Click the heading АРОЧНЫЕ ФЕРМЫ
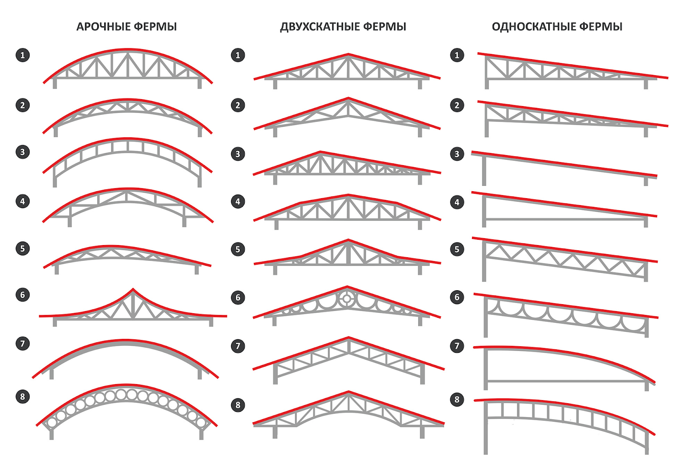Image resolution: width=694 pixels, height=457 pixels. (127, 27)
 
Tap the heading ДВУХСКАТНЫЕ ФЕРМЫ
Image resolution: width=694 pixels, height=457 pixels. (343, 27)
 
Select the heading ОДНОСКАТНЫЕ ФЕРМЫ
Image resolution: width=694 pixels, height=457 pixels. (557, 27)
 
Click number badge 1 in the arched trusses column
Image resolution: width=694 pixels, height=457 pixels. (23, 55)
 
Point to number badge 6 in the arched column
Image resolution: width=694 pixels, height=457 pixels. (23, 295)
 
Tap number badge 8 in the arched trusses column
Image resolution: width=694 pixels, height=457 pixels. (23, 397)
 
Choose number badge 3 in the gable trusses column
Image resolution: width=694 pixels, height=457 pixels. (238, 154)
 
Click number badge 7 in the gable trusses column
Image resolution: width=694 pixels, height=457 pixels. (238, 346)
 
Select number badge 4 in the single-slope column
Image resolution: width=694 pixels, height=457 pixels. (457, 202)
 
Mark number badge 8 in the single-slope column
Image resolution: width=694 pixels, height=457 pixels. (457, 400)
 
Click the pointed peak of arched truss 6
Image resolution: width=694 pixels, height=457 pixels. (133, 289)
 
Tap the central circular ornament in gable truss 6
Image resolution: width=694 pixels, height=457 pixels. (347, 298)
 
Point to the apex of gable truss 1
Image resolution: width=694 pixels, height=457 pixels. (348, 55)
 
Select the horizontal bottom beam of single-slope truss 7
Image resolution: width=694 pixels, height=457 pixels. (564, 381)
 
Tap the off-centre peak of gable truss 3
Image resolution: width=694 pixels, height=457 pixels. (321, 152)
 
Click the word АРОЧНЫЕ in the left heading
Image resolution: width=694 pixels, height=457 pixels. (103, 27)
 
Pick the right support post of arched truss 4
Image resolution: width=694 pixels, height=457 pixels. (184, 221)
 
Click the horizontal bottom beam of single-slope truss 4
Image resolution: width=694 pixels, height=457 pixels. (564, 219)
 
